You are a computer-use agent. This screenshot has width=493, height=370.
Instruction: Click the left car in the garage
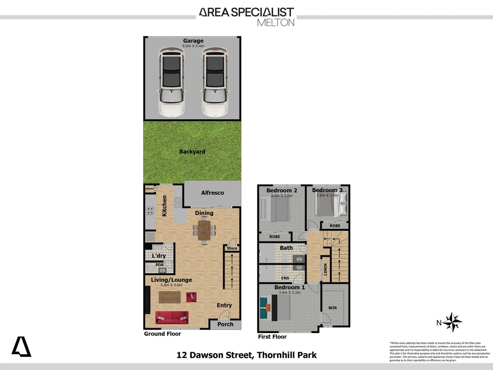coord(171,82)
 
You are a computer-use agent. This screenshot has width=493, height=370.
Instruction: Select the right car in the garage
coord(215,82)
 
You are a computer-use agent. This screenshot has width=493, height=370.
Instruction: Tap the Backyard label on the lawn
coord(192,151)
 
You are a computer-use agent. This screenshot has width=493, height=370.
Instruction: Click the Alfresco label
coord(212,193)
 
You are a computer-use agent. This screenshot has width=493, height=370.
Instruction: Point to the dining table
coord(204,230)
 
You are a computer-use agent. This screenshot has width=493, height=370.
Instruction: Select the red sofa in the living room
coord(172,318)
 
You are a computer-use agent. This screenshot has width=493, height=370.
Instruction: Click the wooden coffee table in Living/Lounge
coord(169,297)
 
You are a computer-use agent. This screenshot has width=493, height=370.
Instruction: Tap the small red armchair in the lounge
coord(191,297)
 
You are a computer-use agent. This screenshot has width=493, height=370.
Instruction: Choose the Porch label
coord(225,324)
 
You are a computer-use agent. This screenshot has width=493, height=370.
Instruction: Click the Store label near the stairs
coord(232,248)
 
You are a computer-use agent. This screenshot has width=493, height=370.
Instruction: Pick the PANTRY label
coord(150,189)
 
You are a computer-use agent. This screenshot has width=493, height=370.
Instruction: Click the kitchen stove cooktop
coord(150,210)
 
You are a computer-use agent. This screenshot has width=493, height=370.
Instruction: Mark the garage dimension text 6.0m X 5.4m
coord(193,46)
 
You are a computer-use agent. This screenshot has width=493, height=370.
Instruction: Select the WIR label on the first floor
coord(332,308)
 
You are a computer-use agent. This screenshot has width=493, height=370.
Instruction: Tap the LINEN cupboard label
coord(325,269)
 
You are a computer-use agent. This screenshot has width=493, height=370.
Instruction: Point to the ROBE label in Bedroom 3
coord(335,226)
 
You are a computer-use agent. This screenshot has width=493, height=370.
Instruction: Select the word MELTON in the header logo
coord(275,23)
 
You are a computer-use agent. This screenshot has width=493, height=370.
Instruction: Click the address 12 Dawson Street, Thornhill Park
coord(246,355)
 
